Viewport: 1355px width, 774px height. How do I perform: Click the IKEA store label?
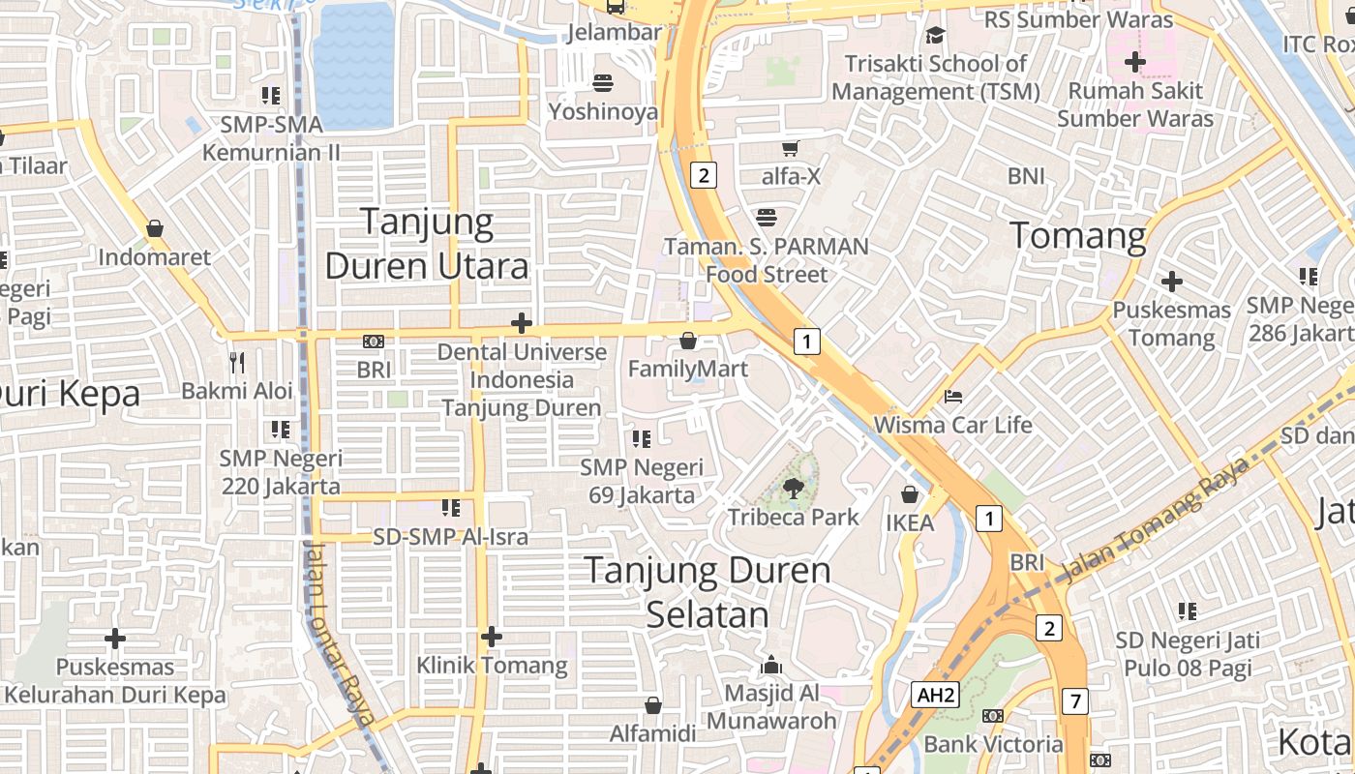[910, 523]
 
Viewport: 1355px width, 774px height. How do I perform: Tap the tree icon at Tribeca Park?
[794, 489]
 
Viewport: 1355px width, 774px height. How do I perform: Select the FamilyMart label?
[687, 369]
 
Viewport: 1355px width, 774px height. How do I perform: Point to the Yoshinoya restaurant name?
[603, 111]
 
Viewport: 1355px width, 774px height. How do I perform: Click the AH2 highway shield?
[936, 695]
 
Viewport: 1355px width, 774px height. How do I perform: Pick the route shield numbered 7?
[1073, 700]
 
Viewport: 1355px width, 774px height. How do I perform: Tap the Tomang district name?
[1078, 235]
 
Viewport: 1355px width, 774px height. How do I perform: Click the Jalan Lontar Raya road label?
[339, 634]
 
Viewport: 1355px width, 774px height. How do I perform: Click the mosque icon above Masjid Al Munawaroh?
[771, 665]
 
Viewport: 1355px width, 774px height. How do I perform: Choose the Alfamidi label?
[653, 733]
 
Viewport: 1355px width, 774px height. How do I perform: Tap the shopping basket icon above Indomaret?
[155, 229]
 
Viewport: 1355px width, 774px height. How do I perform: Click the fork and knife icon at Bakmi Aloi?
[237, 363]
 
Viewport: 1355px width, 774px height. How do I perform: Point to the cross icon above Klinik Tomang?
[492, 637]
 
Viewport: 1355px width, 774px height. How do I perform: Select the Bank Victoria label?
[993, 744]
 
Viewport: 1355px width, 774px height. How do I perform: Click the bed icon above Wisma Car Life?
[953, 397]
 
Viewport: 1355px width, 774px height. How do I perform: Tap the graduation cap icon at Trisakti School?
[935, 36]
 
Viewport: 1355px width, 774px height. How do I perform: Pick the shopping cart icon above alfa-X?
[791, 148]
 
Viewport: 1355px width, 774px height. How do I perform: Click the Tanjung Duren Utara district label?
[427, 244]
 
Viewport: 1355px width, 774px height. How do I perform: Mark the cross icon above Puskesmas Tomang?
[1172, 282]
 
